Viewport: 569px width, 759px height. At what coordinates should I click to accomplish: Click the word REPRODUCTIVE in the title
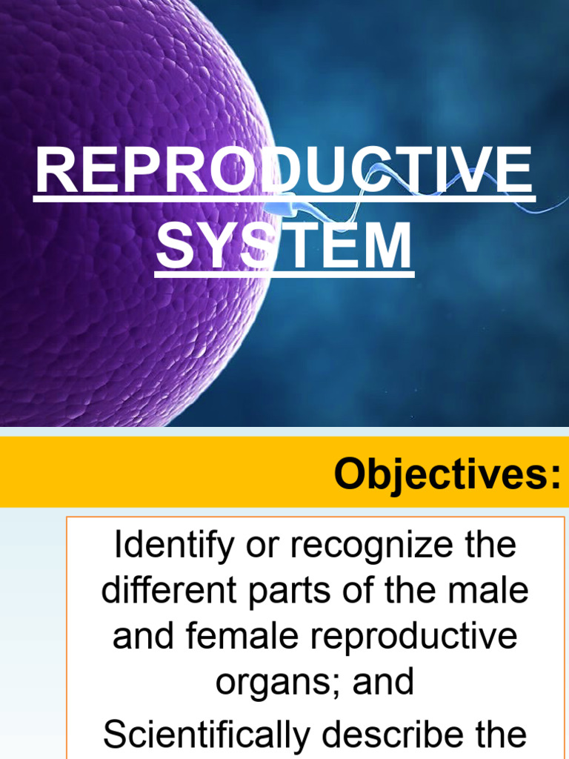284,171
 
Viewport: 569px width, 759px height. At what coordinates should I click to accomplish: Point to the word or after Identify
258,546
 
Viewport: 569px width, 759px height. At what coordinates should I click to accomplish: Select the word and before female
140,637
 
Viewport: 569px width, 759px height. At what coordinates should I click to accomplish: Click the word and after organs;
383,682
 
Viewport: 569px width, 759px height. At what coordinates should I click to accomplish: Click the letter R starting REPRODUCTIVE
53,171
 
